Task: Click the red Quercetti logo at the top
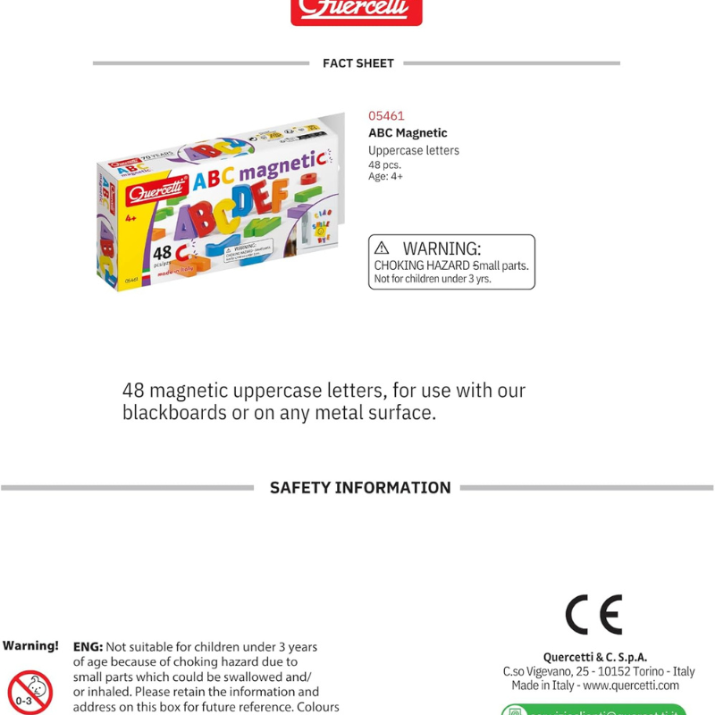356,11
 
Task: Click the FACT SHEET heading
357,63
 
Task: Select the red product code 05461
386,116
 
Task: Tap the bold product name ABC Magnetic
408,133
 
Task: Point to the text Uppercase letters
413,150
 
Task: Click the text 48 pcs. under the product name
384,164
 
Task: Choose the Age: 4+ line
385,176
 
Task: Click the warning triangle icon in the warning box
383,248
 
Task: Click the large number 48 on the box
162,253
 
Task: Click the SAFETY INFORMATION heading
360,488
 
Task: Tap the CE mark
593,615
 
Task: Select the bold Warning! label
30,645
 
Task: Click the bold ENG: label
88,646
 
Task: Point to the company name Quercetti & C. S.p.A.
595,657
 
